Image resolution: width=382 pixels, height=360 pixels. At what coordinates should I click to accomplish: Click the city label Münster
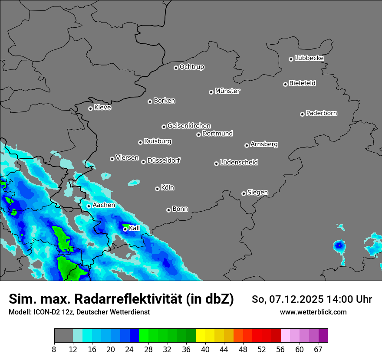227,91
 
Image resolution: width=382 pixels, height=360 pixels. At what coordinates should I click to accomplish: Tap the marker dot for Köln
157,189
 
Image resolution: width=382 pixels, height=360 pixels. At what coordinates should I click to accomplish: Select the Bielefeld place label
302,83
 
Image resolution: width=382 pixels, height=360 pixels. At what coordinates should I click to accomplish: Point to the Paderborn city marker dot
302,114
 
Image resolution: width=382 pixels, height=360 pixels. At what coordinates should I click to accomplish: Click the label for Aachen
104,205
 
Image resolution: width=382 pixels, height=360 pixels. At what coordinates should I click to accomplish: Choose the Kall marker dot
125,229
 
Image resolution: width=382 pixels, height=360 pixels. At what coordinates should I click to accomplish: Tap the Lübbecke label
309,58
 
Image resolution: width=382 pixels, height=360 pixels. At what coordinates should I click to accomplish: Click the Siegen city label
257,193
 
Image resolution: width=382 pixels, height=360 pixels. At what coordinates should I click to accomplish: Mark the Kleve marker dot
90,108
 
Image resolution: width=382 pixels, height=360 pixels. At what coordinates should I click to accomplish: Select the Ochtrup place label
191,67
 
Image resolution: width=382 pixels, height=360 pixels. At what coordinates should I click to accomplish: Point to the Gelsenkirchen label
189,126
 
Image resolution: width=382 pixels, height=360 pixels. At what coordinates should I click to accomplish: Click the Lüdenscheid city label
239,163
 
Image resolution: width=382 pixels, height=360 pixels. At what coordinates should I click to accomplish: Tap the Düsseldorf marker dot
143,162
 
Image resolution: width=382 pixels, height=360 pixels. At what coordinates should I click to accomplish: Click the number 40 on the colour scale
205,349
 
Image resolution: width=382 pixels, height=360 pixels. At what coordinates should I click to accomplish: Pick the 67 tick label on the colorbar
318,349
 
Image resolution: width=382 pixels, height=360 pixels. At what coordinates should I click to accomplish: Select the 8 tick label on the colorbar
54,349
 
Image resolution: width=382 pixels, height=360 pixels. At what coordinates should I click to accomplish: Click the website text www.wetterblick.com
313,312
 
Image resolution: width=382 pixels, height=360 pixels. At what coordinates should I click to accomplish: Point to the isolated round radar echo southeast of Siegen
339,246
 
